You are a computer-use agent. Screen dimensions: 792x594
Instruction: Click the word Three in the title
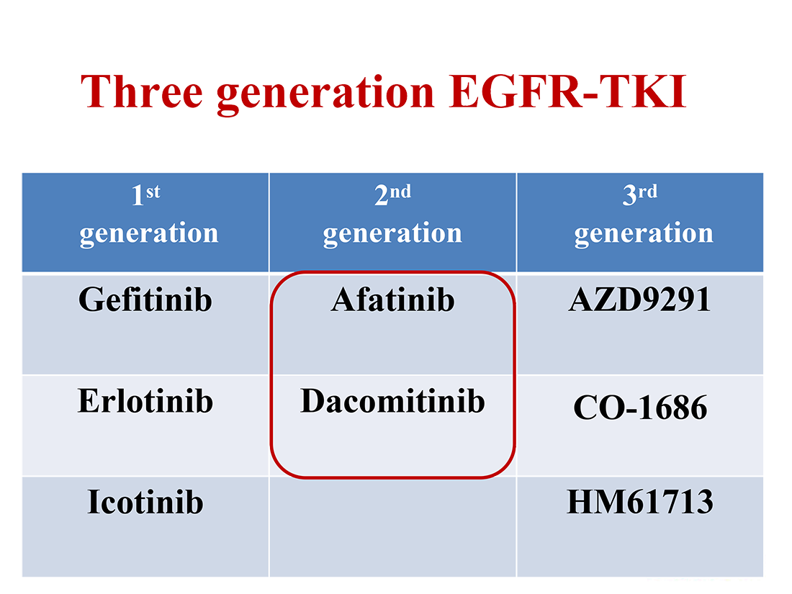coord(142,91)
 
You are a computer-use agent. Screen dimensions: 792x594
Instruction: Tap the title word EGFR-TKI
coord(568,91)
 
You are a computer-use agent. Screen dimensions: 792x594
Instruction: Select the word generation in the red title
coord(325,94)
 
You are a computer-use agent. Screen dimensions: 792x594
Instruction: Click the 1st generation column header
coord(145,222)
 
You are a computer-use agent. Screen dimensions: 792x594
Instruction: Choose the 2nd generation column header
coord(392,222)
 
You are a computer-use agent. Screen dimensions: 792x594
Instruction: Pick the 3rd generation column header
coord(640,222)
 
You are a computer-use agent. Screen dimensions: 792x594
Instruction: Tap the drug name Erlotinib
coord(145,401)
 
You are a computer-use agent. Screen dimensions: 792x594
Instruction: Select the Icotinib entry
coord(145,502)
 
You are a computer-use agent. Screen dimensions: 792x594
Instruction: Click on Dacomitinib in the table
coord(392,401)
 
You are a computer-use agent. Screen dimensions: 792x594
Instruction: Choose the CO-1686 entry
coord(640,407)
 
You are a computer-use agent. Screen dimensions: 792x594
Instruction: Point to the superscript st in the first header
coord(153,192)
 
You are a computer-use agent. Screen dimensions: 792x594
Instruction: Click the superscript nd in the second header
coord(400,192)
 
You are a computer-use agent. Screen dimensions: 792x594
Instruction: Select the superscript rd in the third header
coord(647,192)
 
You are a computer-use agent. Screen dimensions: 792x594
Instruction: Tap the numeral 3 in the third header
coord(629,195)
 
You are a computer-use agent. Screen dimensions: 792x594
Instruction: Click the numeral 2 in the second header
coord(382,195)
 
